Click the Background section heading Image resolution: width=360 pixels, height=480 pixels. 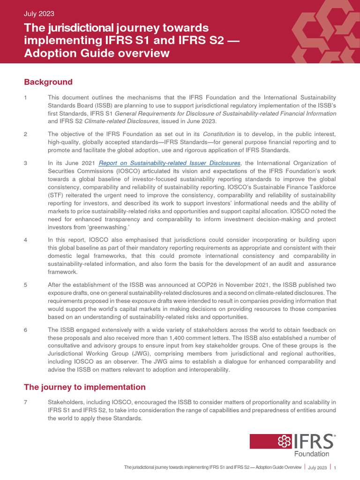tap(48, 82)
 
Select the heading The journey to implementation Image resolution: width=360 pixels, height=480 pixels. tap(85, 387)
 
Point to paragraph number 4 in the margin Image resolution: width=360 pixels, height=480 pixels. tap(26, 240)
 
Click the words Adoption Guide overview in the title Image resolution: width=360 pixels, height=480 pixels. tap(97, 53)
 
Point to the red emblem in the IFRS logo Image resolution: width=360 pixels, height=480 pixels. tap(285, 441)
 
